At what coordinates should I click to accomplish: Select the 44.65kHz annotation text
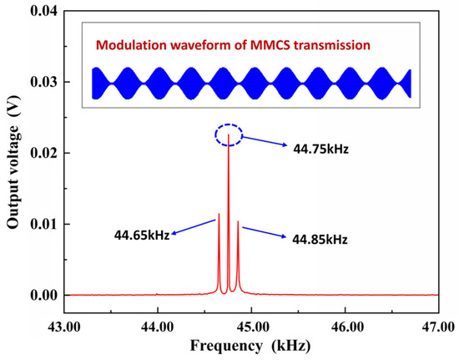142,234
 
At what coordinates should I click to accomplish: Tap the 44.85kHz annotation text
319,240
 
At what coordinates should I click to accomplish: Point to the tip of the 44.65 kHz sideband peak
219,214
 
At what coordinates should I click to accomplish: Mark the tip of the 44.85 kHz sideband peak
238,221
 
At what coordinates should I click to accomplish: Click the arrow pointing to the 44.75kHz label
265,143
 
